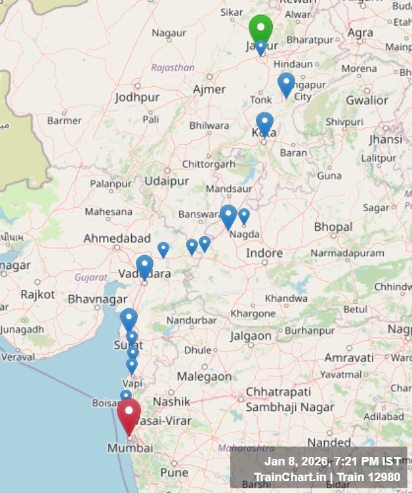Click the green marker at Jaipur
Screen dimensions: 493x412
260,28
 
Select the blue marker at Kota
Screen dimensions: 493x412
264,123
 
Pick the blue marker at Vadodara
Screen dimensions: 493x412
144,266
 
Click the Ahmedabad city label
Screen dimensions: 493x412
117,239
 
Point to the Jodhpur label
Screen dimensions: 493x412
137,97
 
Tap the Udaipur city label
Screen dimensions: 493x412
167,181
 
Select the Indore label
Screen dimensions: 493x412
264,253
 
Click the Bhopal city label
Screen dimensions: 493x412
333,227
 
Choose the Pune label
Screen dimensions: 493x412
174,473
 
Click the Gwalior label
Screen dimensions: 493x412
367,100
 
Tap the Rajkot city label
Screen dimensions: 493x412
37,294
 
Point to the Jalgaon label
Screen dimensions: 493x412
251,336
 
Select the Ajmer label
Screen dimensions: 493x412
209,89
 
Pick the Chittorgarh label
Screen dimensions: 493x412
208,164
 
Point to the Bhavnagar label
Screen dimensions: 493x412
98,299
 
